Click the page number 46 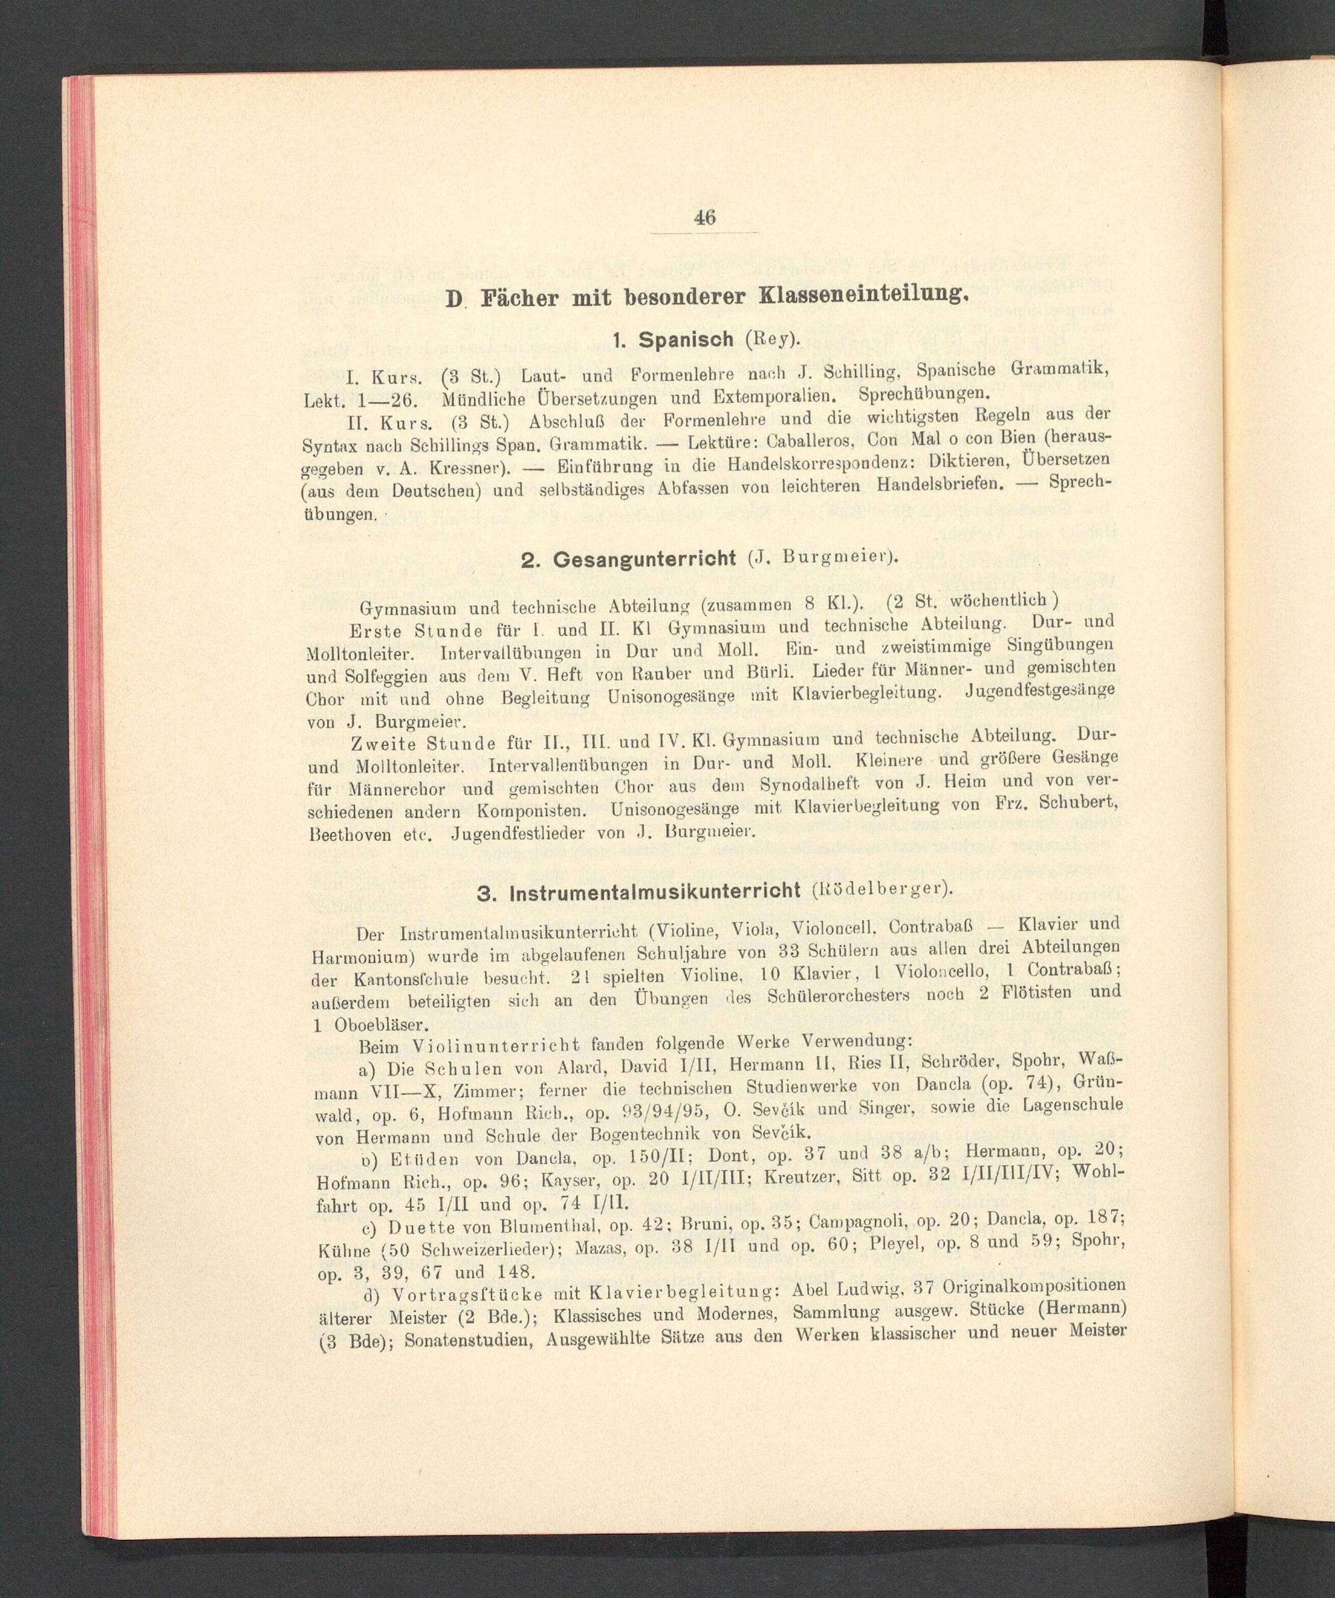(704, 218)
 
